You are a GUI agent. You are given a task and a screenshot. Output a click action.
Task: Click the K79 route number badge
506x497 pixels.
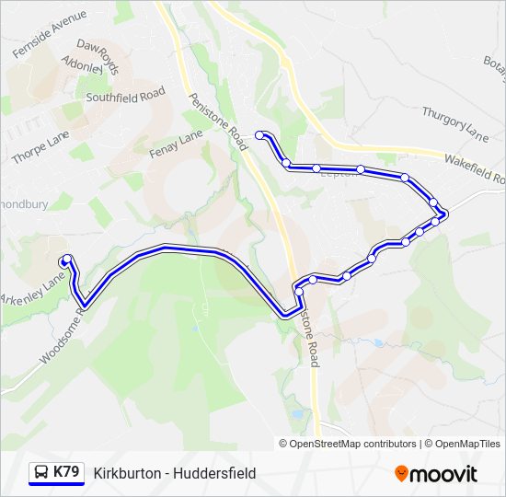66,473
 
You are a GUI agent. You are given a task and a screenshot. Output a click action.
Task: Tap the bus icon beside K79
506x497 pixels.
41,473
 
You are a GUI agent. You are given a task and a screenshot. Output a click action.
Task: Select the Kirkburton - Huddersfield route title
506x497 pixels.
175,473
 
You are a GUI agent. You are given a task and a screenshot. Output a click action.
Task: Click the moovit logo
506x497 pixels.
436,474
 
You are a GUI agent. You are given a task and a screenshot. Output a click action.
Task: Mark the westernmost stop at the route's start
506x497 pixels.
67,260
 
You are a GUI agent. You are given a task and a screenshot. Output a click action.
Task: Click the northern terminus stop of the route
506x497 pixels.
260,135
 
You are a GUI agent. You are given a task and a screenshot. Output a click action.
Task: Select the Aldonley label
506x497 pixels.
81,66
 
